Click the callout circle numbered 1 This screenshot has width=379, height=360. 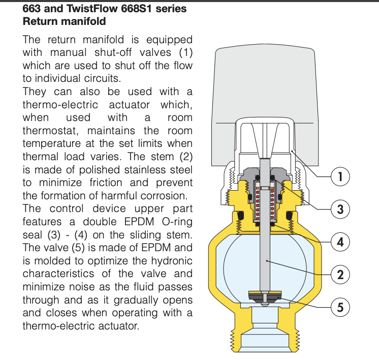[340, 176]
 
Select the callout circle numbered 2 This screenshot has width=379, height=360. [340, 275]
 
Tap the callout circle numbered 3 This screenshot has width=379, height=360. [340, 209]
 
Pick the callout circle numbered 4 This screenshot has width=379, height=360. [340, 242]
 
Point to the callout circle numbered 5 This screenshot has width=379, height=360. [340, 307]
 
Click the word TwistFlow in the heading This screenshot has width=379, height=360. [92, 9]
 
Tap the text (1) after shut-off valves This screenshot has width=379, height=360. [186, 53]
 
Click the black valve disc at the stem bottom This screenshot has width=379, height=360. [265, 295]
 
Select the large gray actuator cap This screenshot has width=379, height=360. [265, 102]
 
